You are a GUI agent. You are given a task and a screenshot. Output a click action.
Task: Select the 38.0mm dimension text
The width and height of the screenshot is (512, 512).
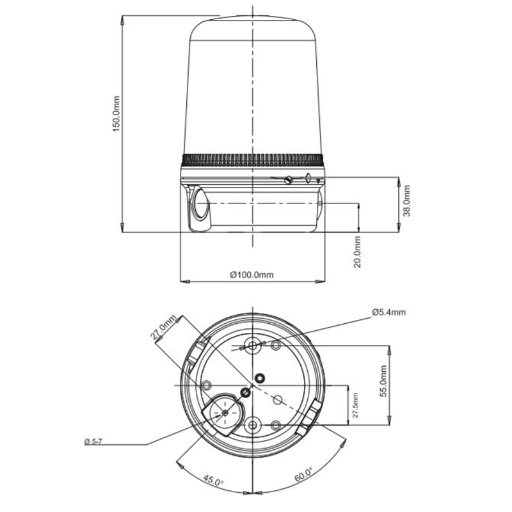click(x=406, y=201)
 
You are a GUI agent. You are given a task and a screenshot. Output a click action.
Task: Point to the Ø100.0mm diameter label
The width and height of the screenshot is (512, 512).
click(x=252, y=275)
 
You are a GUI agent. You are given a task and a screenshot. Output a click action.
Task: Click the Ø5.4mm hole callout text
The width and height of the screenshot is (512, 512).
click(x=388, y=312)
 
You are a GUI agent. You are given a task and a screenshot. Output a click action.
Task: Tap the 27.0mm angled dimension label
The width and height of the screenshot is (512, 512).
click(x=163, y=327)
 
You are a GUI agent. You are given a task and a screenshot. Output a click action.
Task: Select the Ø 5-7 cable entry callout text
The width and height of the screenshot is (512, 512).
click(x=94, y=442)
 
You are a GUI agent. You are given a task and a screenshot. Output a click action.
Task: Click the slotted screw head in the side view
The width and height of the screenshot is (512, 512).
click(x=290, y=179)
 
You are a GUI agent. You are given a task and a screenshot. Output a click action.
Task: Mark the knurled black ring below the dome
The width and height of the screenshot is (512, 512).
click(x=253, y=159)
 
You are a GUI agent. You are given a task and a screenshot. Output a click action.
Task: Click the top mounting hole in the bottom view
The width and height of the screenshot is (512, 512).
click(x=253, y=346)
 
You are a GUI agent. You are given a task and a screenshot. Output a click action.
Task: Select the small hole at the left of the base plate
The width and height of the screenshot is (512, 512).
click(x=207, y=385)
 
